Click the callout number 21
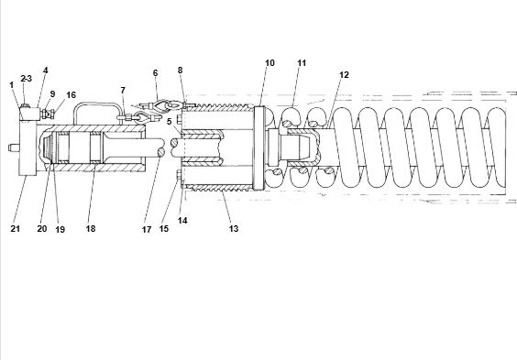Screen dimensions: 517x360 (16, 229)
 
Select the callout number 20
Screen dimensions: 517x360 (42, 229)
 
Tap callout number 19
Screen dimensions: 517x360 (60, 230)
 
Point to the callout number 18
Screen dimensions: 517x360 (91, 229)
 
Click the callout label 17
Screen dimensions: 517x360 (147, 230)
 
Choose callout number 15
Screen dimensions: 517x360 (164, 229)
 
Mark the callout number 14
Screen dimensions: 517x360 (182, 221)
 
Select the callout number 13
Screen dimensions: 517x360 (234, 229)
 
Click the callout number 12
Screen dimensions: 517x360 (344, 75)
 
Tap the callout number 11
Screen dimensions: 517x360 (302, 63)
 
